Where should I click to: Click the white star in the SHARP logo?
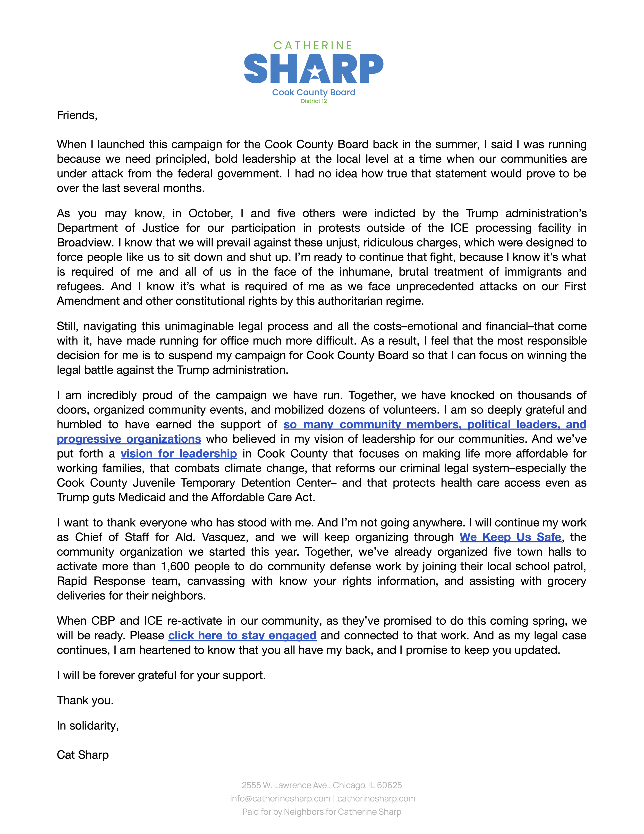point(315,71)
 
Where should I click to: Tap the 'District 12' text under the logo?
point(313,101)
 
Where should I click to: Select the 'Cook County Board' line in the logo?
point(313,92)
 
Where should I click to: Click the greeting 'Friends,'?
point(77,115)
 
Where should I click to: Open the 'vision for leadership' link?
point(179,454)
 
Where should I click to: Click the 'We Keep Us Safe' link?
point(510,537)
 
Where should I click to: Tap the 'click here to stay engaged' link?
point(242,635)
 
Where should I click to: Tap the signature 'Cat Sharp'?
point(83,755)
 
